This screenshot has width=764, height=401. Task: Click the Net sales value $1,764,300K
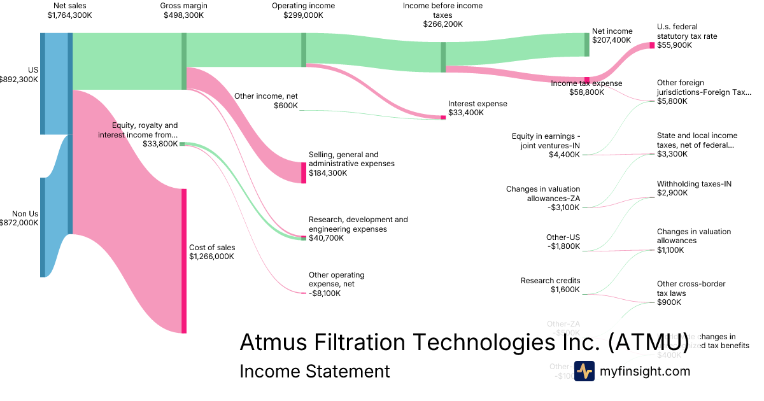pos(69,15)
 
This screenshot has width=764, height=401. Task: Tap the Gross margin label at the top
pos(184,6)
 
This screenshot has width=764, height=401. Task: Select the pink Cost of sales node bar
pos(184,261)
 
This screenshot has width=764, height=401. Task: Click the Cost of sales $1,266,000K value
pos(211,257)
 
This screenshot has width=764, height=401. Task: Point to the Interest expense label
pos(478,104)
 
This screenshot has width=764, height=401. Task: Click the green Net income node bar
pos(587,45)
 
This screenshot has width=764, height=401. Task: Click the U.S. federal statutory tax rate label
pos(687,32)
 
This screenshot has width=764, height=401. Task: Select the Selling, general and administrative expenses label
pos(351,159)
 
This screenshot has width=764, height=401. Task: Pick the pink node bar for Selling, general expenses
pos(304,172)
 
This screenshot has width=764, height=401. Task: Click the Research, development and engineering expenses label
pos(358,224)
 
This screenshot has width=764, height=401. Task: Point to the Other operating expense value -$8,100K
pos(325,293)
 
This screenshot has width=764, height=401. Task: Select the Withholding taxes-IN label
pos(694,184)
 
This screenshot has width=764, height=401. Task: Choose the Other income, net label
pos(266,96)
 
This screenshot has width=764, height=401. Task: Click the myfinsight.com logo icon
pos(584,370)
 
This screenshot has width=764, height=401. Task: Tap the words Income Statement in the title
pos(315,371)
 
